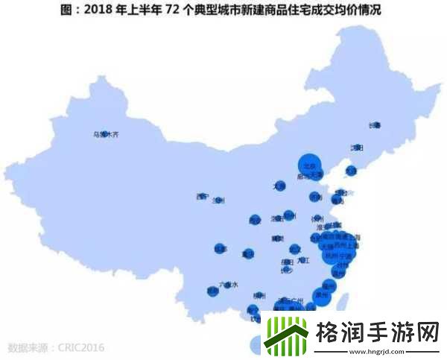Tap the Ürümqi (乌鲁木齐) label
pyautogui.click(x=105, y=136)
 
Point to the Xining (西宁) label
pyautogui.click(x=201, y=197)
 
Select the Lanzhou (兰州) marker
pyautogui.click(x=218, y=200)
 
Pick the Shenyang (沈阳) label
pyautogui.click(x=357, y=148)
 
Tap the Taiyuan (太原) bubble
pyautogui.click(x=279, y=186)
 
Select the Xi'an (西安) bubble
pyautogui.click(x=255, y=221)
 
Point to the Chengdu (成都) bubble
pyautogui.click(x=221, y=249)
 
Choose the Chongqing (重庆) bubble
pyautogui.click(x=248, y=254)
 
